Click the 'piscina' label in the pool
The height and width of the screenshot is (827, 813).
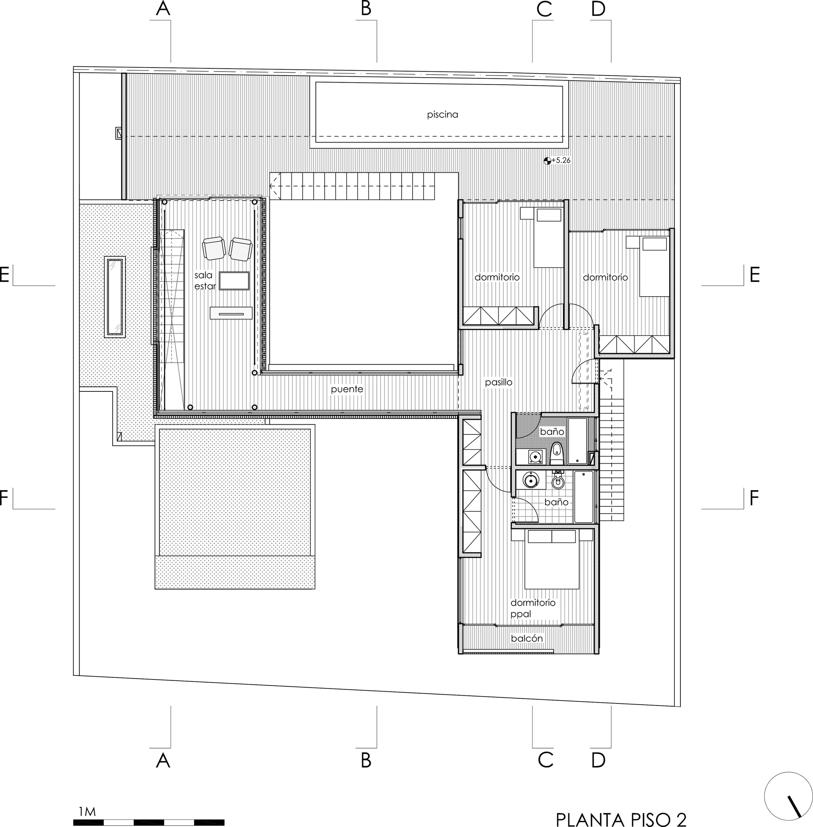pos(442,115)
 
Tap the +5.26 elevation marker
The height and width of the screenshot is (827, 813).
pos(557,161)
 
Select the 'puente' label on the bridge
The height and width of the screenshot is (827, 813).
pos(347,389)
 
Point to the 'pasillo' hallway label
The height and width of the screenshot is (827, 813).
pos(498,382)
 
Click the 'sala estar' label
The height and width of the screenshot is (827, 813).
pos(204,281)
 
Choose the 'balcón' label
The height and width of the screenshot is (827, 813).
pos(527,638)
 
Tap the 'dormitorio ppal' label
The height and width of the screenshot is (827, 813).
pos(533,608)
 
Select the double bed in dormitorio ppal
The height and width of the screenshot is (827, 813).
pos(552,559)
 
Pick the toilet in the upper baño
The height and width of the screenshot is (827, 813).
pos(556,454)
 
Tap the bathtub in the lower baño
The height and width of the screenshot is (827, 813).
pos(584,497)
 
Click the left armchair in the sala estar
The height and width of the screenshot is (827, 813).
pos(213,248)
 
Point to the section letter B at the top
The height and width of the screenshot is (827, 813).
pos(366,9)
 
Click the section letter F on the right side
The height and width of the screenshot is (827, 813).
pos(754,497)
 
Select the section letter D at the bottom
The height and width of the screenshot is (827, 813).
pos(599,760)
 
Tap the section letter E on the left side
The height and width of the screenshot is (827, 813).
pos(4,275)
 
